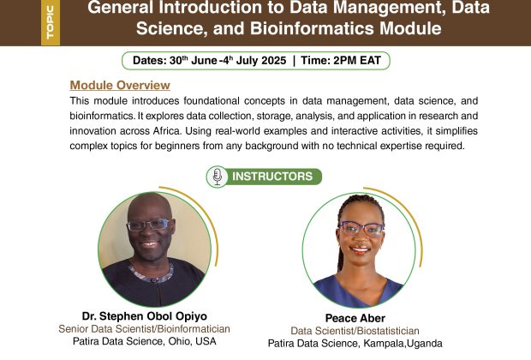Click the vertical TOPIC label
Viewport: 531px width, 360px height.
51,22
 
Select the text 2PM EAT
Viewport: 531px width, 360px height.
357,61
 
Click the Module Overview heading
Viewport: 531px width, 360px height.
120,85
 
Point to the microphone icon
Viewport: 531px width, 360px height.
218,177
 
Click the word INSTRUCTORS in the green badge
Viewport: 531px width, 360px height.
272,177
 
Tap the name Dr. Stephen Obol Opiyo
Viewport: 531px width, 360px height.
145,316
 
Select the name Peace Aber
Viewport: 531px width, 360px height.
355,318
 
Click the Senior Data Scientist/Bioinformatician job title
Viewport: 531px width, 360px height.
144,329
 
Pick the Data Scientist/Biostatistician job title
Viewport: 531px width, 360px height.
355,331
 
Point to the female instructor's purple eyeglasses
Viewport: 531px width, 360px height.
362,229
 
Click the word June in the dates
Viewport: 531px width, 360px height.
204,61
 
